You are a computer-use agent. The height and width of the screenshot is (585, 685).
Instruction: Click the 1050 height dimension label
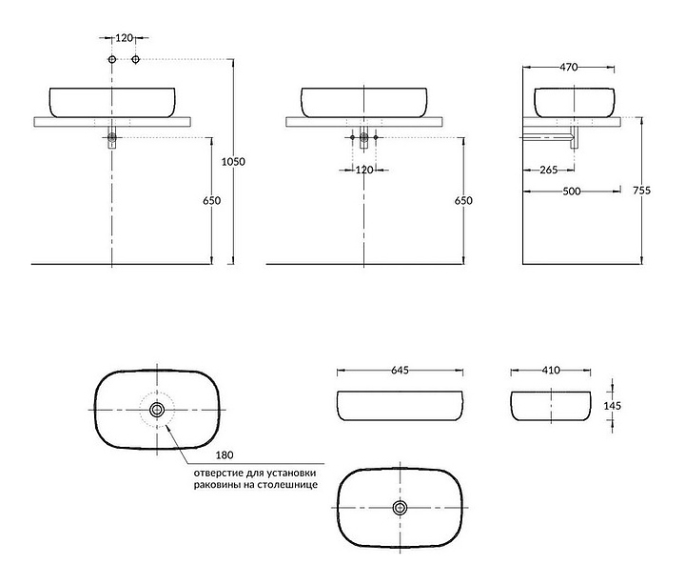(x=233, y=161)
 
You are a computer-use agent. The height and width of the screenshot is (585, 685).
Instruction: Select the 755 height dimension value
(x=642, y=191)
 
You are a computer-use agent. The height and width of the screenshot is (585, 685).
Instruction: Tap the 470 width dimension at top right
(x=568, y=68)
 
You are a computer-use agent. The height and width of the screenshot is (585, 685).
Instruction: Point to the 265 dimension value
(x=549, y=170)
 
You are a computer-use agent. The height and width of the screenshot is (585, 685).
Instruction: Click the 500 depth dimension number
(x=572, y=192)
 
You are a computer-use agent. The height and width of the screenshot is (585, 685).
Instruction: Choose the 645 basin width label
(x=400, y=371)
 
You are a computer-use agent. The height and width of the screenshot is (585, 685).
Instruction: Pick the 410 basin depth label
(x=551, y=371)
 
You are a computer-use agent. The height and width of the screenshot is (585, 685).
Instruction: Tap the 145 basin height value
(x=612, y=406)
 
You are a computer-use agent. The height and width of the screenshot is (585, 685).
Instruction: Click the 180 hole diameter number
(x=225, y=455)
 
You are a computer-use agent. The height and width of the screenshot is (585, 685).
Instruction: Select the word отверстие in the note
(x=218, y=473)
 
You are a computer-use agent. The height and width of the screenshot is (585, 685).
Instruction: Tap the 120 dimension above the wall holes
(x=124, y=38)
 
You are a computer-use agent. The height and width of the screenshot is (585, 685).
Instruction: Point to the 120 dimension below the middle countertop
(x=363, y=170)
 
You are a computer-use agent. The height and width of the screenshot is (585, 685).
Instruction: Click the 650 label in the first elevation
(x=212, y=200)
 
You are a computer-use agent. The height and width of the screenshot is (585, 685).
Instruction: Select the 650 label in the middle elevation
(x=463, y=200)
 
